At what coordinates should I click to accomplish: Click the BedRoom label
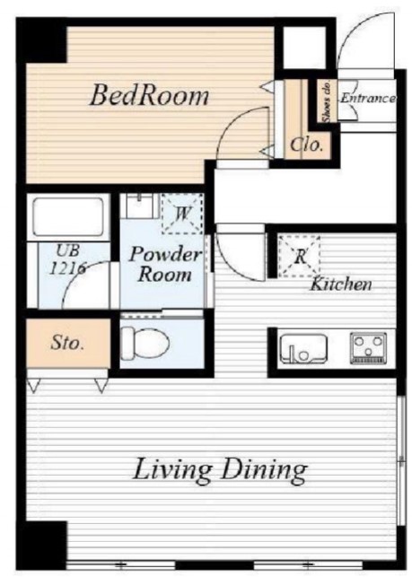(149, 95)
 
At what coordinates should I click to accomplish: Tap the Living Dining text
(220, 470)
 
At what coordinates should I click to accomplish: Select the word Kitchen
(341, 284)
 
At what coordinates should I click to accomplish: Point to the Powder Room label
(165, 264)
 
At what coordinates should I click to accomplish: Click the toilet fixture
(145, 343)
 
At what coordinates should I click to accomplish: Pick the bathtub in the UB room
(68, 217)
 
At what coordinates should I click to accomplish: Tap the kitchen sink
(303, 348)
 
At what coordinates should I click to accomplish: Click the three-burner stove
(368, 348)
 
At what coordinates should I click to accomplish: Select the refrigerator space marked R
(299, 257)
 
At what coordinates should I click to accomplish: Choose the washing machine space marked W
(182, 214)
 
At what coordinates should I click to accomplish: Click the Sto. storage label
(67, 344)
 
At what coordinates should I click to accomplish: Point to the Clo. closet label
(307, 144)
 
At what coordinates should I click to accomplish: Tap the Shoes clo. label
(327, 101)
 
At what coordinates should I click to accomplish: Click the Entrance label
(368, 98)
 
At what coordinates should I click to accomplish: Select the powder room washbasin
(140, 205)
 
